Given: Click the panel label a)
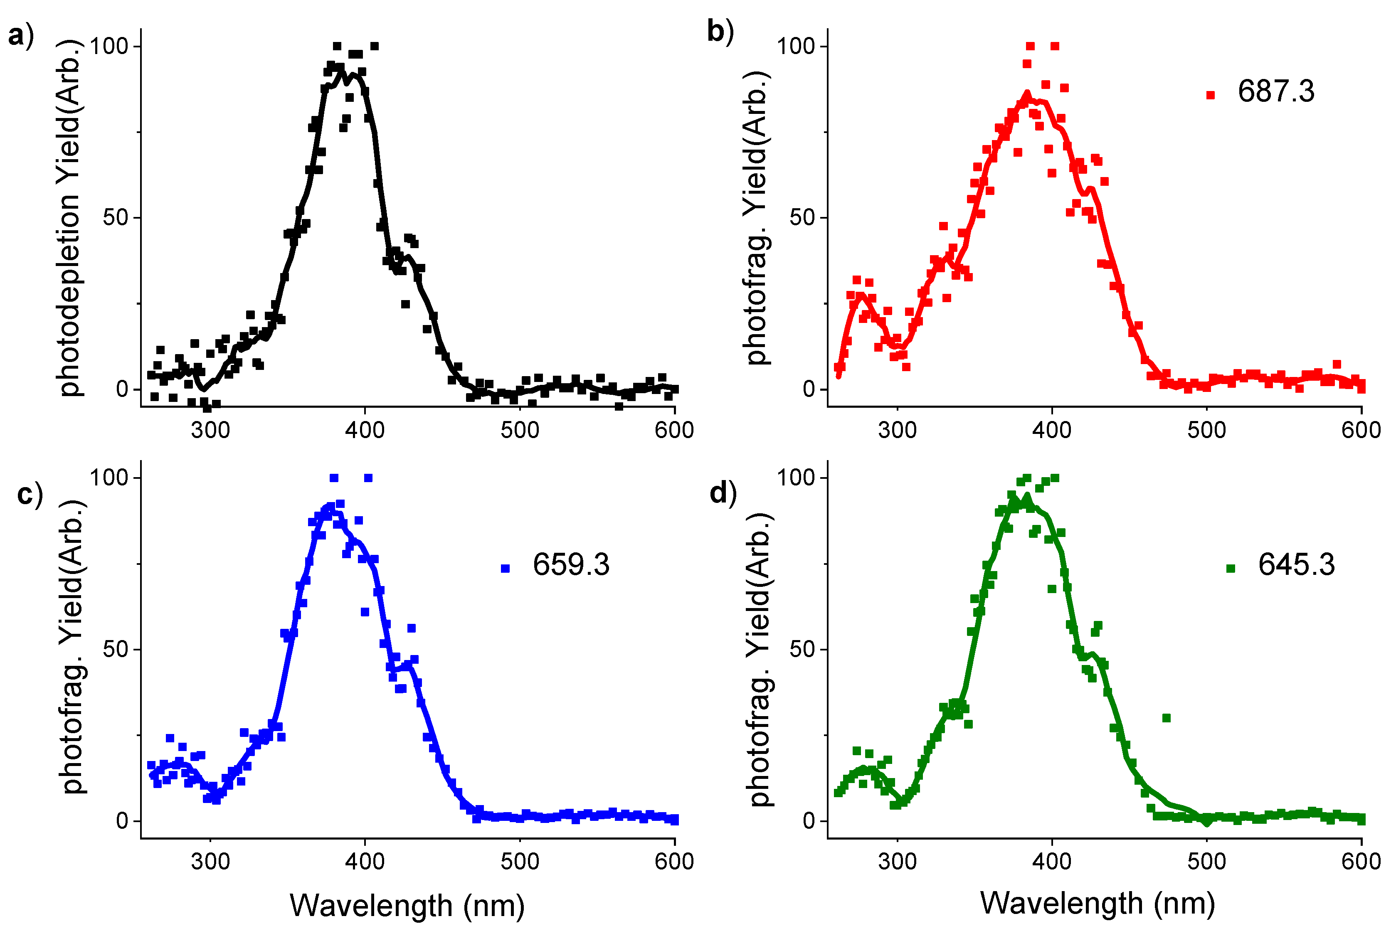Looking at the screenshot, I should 21,36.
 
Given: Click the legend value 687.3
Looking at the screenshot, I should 1275,92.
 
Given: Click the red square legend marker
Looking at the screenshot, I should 1211,95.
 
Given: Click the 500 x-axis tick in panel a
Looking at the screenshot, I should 520,430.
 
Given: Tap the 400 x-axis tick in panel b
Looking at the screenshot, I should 1052,430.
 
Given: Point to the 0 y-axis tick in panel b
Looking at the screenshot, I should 809,389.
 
